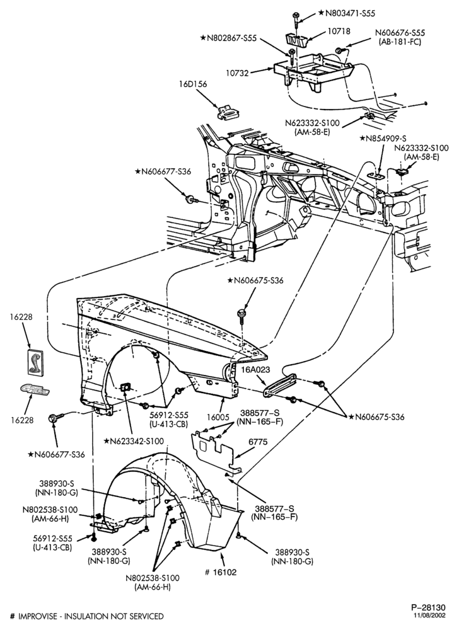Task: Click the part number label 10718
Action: [x=339, y=30]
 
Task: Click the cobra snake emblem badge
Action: [x=35, y=362]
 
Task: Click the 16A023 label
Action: [x=256, y=370]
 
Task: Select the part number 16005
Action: [x=219, y=418]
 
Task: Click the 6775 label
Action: [x=258, y=442]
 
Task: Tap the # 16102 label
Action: [x=221, y=572]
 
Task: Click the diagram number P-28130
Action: [x=428, y=607]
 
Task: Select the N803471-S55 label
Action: [x=347, y=13]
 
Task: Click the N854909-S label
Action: [x=386, y=139]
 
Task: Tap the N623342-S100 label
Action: [x=134, y=441]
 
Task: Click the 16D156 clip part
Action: [x=227, y=112]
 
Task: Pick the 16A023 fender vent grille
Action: [x=280, y=385]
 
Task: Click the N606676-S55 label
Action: [x=400, y=33]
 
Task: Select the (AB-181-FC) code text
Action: [x=400, y=42]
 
